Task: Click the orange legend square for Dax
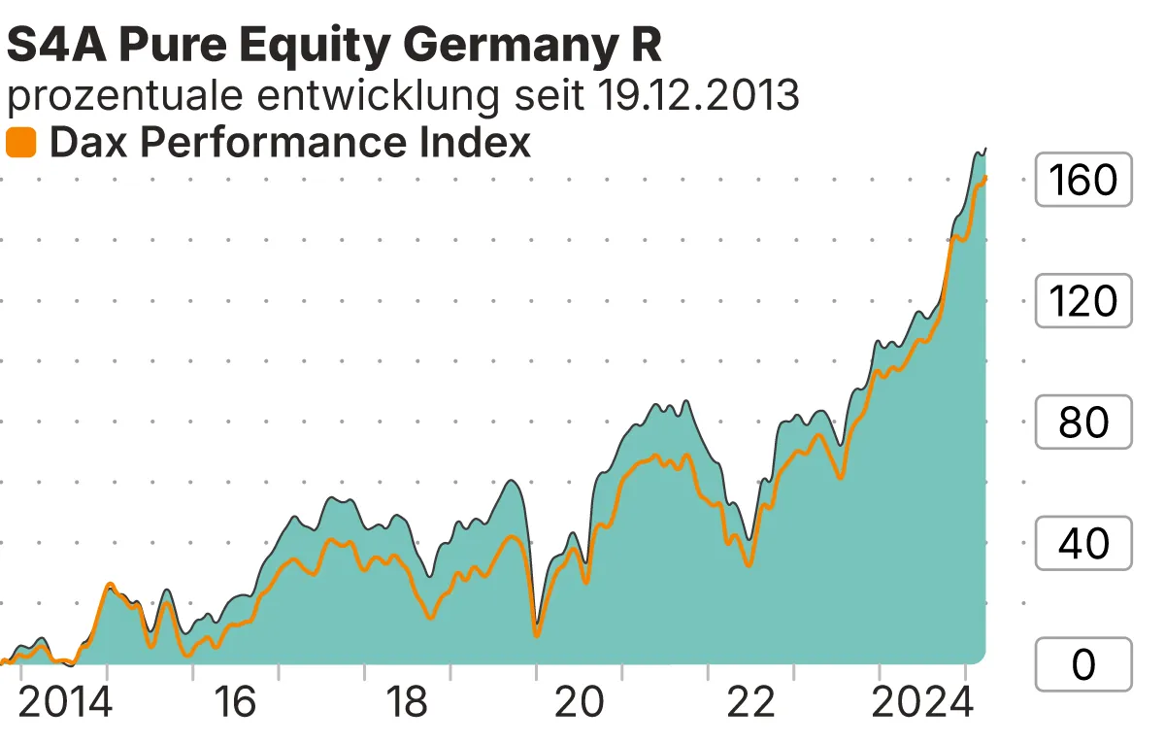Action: [20, 143]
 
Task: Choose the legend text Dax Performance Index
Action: [289, 143]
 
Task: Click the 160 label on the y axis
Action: [1083, 180]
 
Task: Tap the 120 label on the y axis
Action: [1083, 301]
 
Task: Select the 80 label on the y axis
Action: [1083, 422]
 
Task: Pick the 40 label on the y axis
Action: [1083, 544]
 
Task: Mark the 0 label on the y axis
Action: [1083, 665]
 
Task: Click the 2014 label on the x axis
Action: [65, 702]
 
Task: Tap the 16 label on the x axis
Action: [236, 702]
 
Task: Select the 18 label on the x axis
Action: [408, 702]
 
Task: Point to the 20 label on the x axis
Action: [580, 702]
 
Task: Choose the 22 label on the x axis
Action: [751, 702]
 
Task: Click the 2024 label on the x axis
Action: [922, 702]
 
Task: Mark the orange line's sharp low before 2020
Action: [537, 635]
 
